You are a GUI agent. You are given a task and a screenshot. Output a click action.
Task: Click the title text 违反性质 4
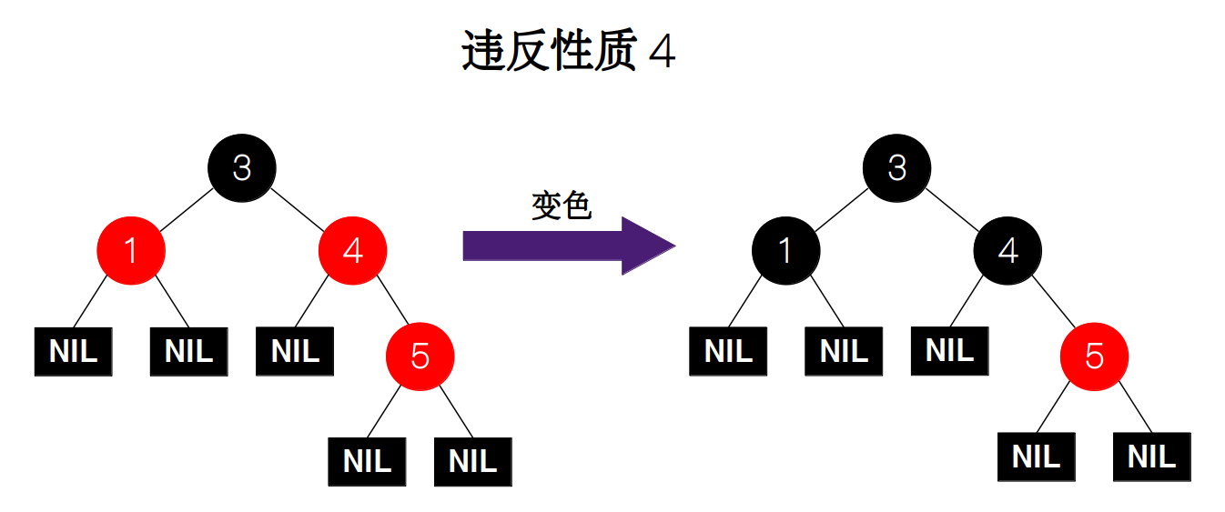click(x=569, y=52)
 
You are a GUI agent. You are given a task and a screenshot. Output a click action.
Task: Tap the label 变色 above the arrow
click(x=562, y=206)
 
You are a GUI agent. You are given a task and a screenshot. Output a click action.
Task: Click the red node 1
click(x=131, y=250)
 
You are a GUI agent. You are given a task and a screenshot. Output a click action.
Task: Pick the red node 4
click(x=352, y=250)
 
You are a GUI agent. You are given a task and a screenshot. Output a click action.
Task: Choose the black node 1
click(x=785, y=250)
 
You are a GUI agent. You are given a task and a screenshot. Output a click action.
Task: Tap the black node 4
click(x=1007, y=250)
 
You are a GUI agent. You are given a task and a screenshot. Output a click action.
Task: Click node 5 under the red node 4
click(x=420, y=356)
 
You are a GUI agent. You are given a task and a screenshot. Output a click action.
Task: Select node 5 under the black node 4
click(x=1094, y=356)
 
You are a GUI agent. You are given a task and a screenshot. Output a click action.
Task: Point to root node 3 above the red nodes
click(x=241, y=167)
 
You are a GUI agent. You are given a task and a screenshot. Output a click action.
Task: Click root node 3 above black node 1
click(x=897, y=167)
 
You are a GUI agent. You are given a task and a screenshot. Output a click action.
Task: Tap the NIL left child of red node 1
click(x=73, y=351)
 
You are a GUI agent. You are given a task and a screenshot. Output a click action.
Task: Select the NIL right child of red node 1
click(x=188, y=351)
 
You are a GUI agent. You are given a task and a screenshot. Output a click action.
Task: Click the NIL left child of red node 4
click(x=295, y=351)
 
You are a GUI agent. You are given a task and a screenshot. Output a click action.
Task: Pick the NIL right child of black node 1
click(x=844, y=351)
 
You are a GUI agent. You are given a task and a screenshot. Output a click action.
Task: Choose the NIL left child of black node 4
click(x=949, y=350)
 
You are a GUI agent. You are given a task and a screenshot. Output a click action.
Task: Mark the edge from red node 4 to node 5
click(x=386, y=303)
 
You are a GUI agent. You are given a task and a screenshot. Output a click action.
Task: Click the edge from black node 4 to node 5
click(x=1051, y=303)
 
